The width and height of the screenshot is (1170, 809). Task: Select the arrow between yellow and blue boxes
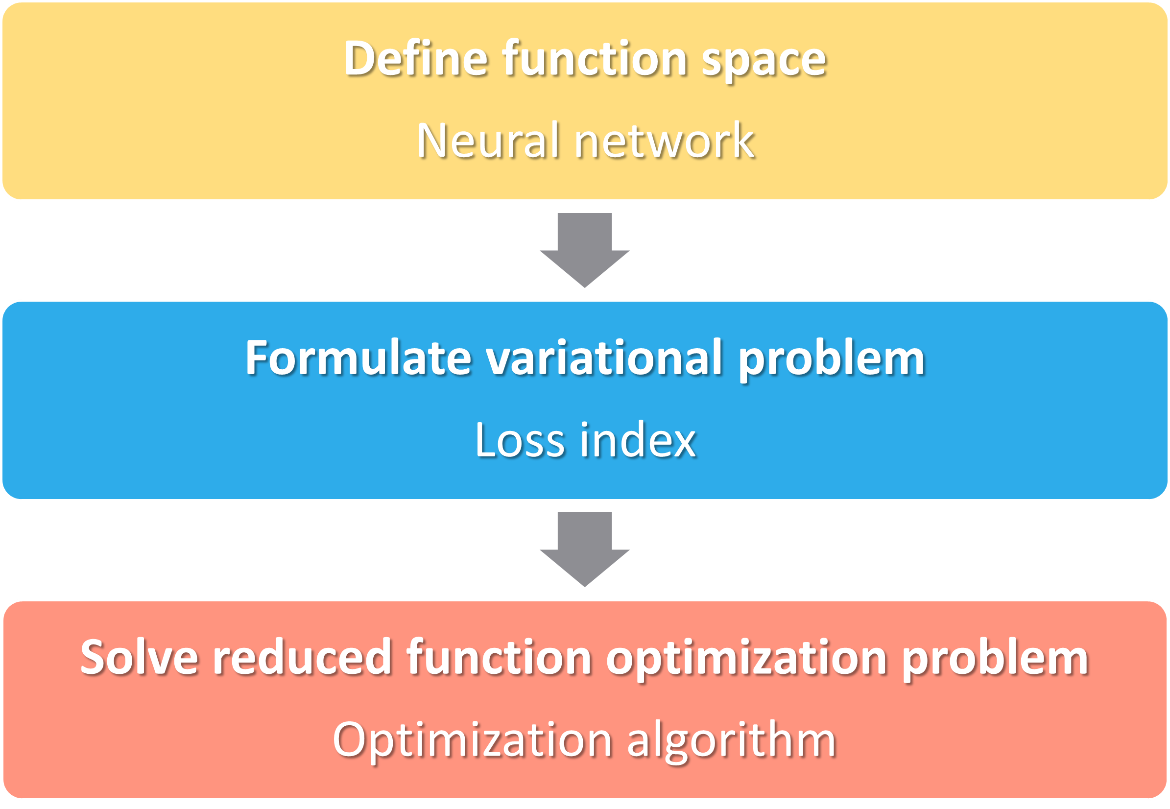584,250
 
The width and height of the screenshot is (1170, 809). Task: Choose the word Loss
520,439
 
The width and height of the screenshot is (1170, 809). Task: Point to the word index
638,439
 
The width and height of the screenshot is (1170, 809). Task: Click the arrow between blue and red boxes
584,549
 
